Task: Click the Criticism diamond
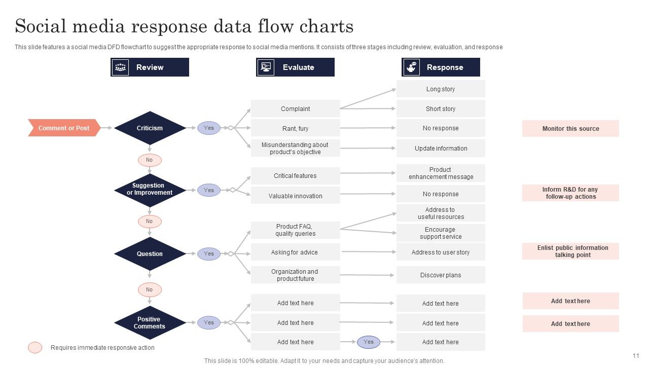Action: pos(150,128)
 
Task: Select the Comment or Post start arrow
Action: pos(63,128)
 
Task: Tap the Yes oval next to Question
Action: pos(209,253)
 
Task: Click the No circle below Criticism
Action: pos(150,160)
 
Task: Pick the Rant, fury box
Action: pos(295,128)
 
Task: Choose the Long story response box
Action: pos(440,89)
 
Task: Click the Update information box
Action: pos(440,149)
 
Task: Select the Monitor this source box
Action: pos(570,129)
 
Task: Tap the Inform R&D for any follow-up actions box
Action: pos(570,193)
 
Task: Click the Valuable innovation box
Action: pos(295,196)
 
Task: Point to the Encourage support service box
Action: pos(440,233)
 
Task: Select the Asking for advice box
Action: pos(295,252)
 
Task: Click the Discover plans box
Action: pos(440,275)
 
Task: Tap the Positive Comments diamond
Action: pos(150,323)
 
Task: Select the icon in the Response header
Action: pos(411,67)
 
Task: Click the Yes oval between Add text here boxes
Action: pos(369,342)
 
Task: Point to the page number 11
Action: pos(636,356)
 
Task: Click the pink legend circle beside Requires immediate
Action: pos(35,348)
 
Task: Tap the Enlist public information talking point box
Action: pos(570,251)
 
